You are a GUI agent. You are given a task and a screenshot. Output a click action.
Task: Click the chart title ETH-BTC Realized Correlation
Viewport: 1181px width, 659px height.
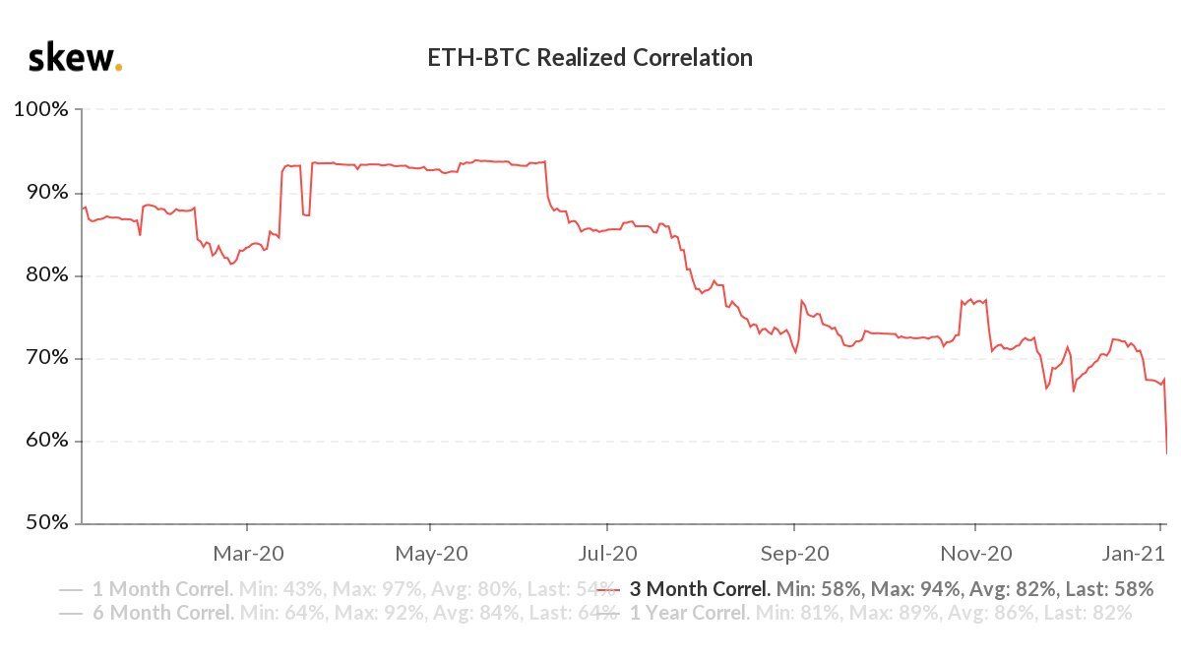click(x=590, y=58)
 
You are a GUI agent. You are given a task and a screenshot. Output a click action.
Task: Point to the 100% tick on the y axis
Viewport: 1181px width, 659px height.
click(x=40, y=109)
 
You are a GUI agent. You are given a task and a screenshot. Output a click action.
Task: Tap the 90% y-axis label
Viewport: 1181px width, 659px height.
click(x=44, y=192)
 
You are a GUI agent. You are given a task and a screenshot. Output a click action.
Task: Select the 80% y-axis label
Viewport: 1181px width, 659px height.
click(x=44, y=275)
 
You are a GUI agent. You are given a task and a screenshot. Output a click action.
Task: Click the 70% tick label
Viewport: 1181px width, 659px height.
click(x=44, y=358)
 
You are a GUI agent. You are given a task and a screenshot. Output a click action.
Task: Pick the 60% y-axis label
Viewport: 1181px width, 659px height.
click(x=44, y=441)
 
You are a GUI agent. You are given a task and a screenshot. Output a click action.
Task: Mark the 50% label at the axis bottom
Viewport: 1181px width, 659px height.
click(x=44, y=523)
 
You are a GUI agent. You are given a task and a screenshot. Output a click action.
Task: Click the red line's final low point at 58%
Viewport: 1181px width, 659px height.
click(x=1167, y=453)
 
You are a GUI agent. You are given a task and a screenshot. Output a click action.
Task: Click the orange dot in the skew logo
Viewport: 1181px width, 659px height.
click(x=119, y=68)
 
